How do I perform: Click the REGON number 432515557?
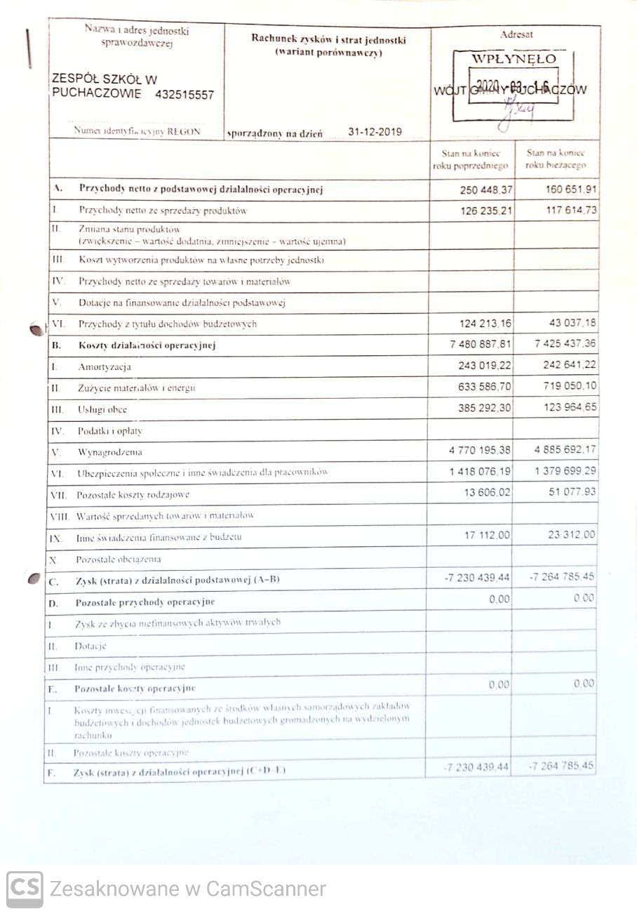tap(185, 95)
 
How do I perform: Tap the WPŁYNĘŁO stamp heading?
tap(514, 59)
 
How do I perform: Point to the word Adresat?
tap(516, 34)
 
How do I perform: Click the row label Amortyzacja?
tap(105, 366)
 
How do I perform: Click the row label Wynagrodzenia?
tap(110, 452)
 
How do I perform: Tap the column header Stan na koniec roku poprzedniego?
tap(470, 159)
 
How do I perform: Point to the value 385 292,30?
tap(478, 407)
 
